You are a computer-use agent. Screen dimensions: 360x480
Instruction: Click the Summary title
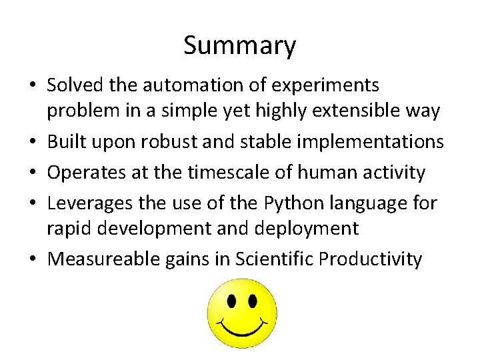(x=239, y=45)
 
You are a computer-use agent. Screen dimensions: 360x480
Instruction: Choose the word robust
(x=182, y=141)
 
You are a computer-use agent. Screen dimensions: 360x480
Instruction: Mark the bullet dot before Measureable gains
(x=33, y=259)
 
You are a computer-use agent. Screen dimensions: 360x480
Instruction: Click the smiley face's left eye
(x=231, y=301)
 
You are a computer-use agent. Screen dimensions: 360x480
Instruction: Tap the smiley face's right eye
(x=253, y=301)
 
